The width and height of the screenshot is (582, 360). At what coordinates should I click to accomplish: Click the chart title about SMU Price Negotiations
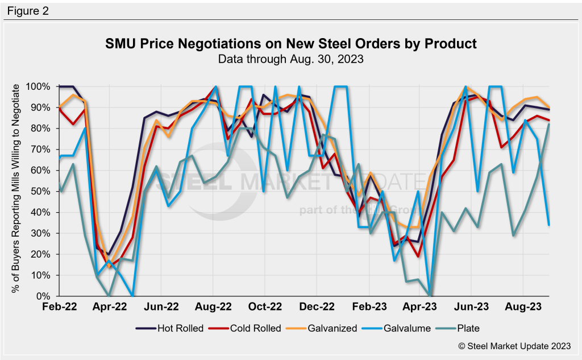click(290, 44)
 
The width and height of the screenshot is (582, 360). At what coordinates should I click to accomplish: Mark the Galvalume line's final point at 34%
click(548, 225)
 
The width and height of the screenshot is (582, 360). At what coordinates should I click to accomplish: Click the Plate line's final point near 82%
click(548, 125)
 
